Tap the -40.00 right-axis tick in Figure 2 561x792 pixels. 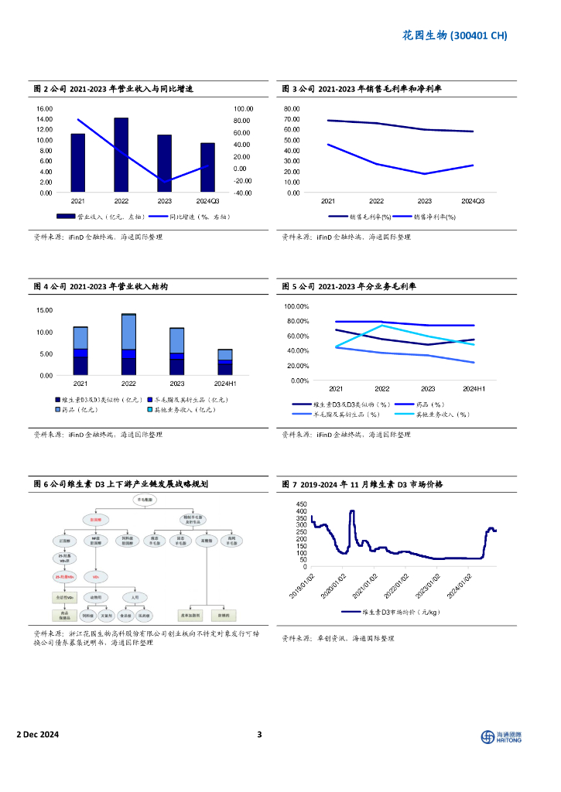pos(243,193)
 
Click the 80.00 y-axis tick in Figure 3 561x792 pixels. pos(292,109)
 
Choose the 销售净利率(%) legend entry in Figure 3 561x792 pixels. pos(435,217)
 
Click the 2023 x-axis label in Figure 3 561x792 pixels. pos(425,201)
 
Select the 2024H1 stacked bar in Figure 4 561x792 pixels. pos(225,362)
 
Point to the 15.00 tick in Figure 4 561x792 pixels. pos(44,310)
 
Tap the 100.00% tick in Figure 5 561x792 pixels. pos(297,306)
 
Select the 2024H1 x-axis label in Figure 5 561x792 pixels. pos(474,389)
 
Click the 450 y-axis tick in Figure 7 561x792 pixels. pos(301,504)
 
